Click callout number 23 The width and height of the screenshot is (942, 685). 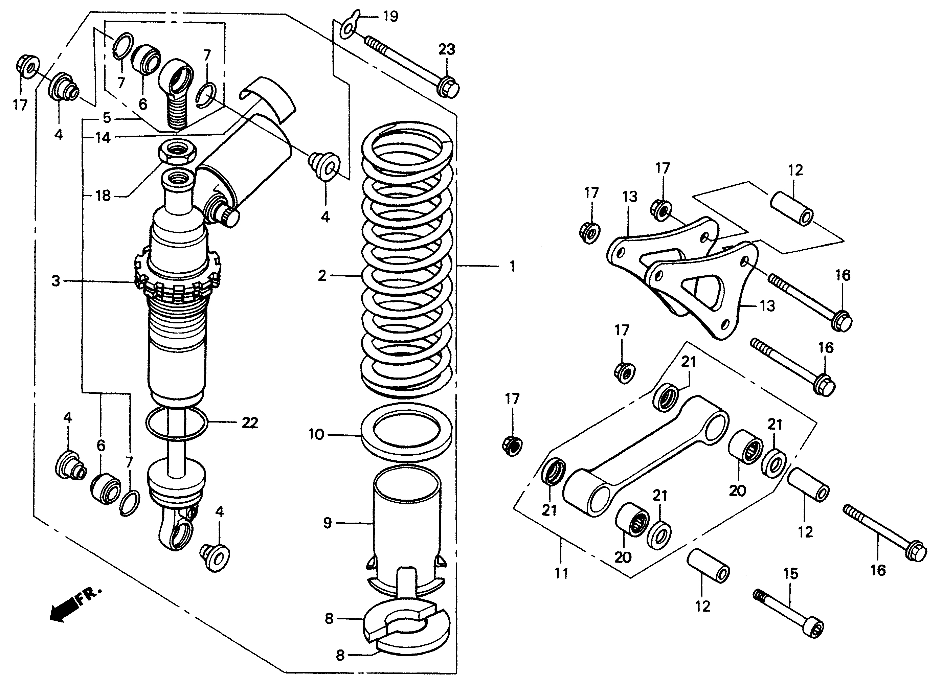click(x=447, y=49)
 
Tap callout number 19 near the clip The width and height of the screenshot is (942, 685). click(x=390, y=17)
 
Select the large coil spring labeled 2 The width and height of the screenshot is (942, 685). click(x=407, y=257)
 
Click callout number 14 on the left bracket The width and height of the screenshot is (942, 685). click(x=103, y=137)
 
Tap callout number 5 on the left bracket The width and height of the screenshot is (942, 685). click(x=107, y=118)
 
